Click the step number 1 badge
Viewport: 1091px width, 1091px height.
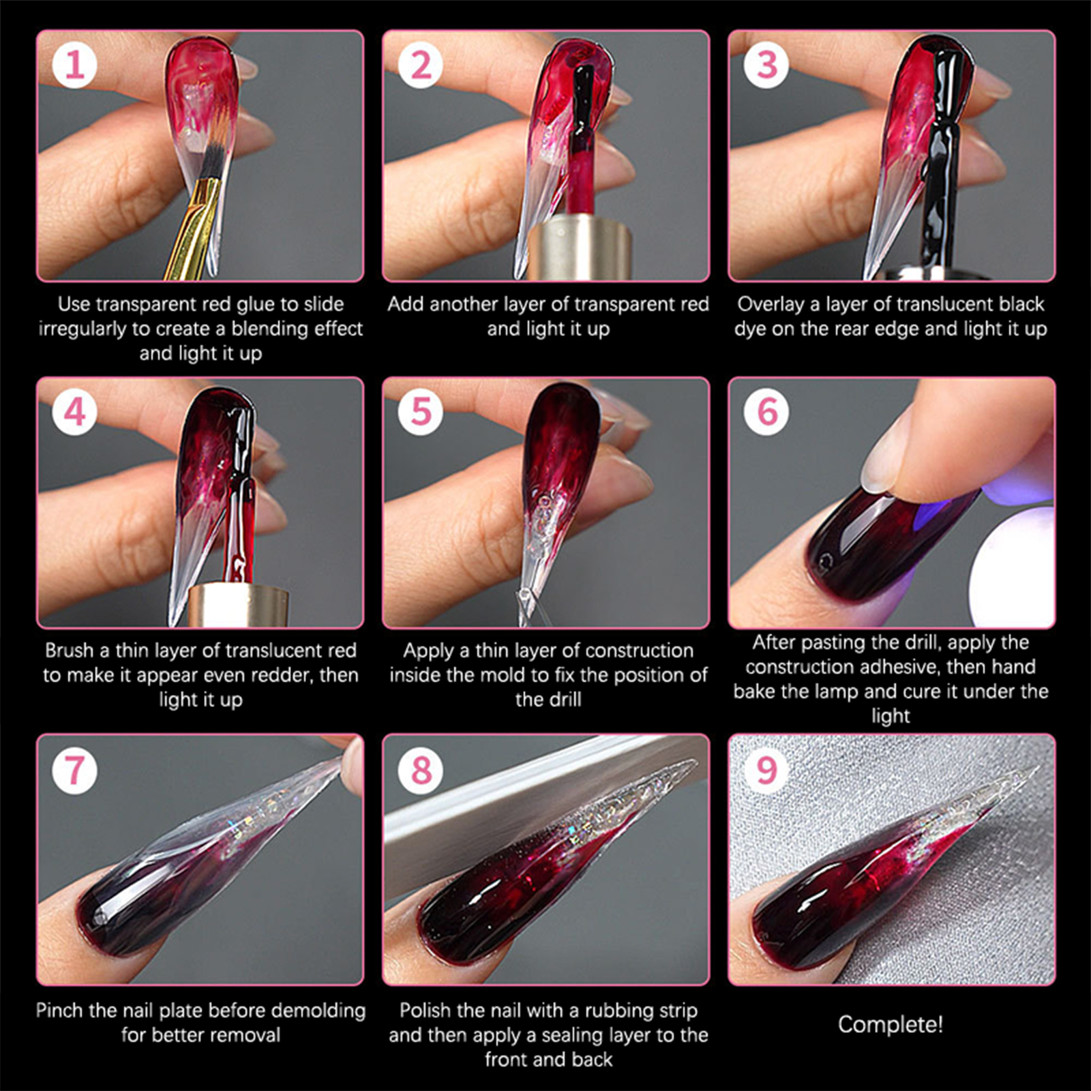[x=74, y=65]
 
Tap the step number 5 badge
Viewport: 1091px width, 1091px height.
[x=421, y=411]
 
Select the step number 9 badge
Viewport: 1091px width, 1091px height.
[x=766, y=770]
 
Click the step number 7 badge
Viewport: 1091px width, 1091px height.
[x=74, y=770]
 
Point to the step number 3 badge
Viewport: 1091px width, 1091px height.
[x=766, y=65]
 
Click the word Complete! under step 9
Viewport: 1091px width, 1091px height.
[x=891, y=1024]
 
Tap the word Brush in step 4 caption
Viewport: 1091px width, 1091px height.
[x=70, y=650]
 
